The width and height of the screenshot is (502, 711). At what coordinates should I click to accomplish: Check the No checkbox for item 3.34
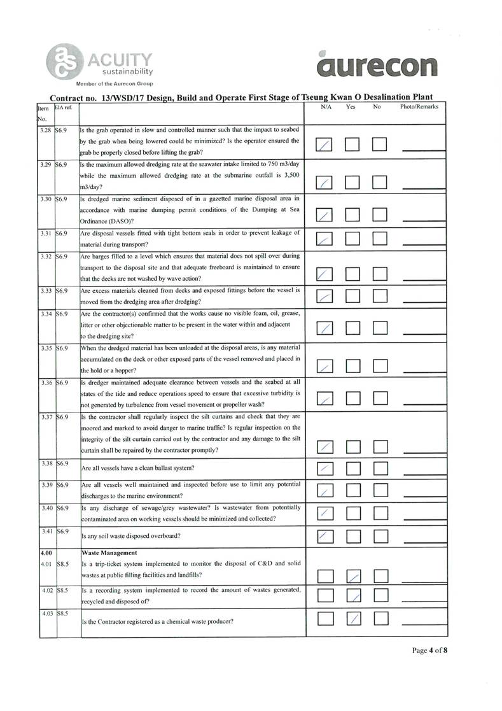click(380, 328)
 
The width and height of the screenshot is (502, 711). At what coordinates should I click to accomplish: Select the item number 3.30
click(45, 199)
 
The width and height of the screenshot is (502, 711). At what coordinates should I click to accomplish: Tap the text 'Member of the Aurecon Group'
click(114, 83)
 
